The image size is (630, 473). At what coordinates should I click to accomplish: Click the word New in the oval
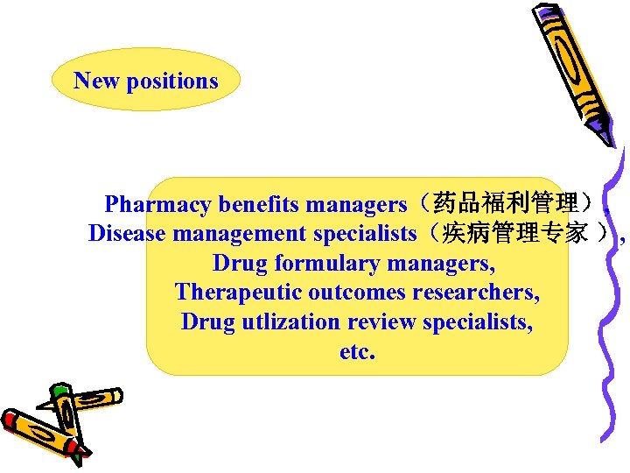point(97,81)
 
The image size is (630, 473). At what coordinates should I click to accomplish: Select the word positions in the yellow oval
point(172,81)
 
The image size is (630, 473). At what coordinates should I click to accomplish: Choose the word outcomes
point(350,292)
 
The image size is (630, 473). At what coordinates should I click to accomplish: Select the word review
point(381,321)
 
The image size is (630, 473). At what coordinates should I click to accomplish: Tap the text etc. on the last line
point(357,351)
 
